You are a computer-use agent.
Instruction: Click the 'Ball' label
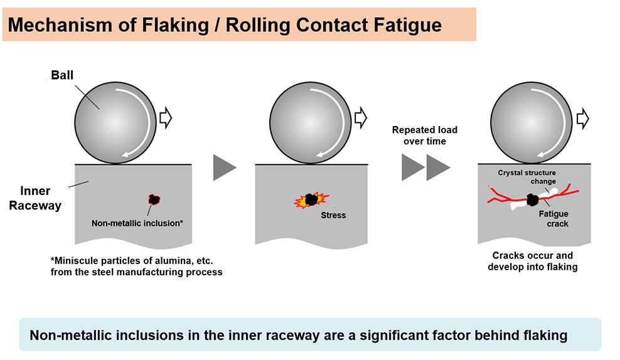62,75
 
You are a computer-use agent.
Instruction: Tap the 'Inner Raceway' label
35,198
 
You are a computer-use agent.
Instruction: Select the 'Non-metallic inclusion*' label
137,222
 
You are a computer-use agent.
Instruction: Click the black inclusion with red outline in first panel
153,200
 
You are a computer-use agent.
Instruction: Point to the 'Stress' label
333,215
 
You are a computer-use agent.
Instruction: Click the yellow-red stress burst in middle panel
311,200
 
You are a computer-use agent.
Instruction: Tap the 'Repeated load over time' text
425,135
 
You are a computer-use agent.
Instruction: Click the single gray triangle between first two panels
225,167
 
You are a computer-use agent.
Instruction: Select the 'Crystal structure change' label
527,176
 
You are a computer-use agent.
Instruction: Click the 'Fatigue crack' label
553,218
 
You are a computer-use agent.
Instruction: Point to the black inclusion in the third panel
533,199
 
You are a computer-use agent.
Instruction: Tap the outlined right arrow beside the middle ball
361,118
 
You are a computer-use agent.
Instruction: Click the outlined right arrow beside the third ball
582,118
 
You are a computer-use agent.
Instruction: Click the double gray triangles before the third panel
425,167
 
